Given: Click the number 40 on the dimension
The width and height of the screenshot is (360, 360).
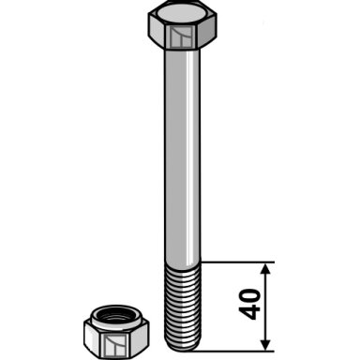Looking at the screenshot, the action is [249, 305].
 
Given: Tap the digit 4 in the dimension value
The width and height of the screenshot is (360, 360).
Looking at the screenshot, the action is [249, 312].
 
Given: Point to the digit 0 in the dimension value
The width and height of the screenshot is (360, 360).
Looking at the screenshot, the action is [249, 296].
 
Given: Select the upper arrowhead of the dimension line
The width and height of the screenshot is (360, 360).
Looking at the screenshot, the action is [265, 269].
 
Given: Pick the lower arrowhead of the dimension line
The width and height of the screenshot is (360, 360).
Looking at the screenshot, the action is [265, 344].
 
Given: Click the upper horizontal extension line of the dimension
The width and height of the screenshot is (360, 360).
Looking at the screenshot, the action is [237, 262].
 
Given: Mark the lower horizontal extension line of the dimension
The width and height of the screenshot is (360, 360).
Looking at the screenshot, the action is [234, 351].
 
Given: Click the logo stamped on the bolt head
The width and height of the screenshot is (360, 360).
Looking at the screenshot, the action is [181, 37].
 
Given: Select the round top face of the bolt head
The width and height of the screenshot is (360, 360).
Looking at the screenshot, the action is [181, 14].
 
